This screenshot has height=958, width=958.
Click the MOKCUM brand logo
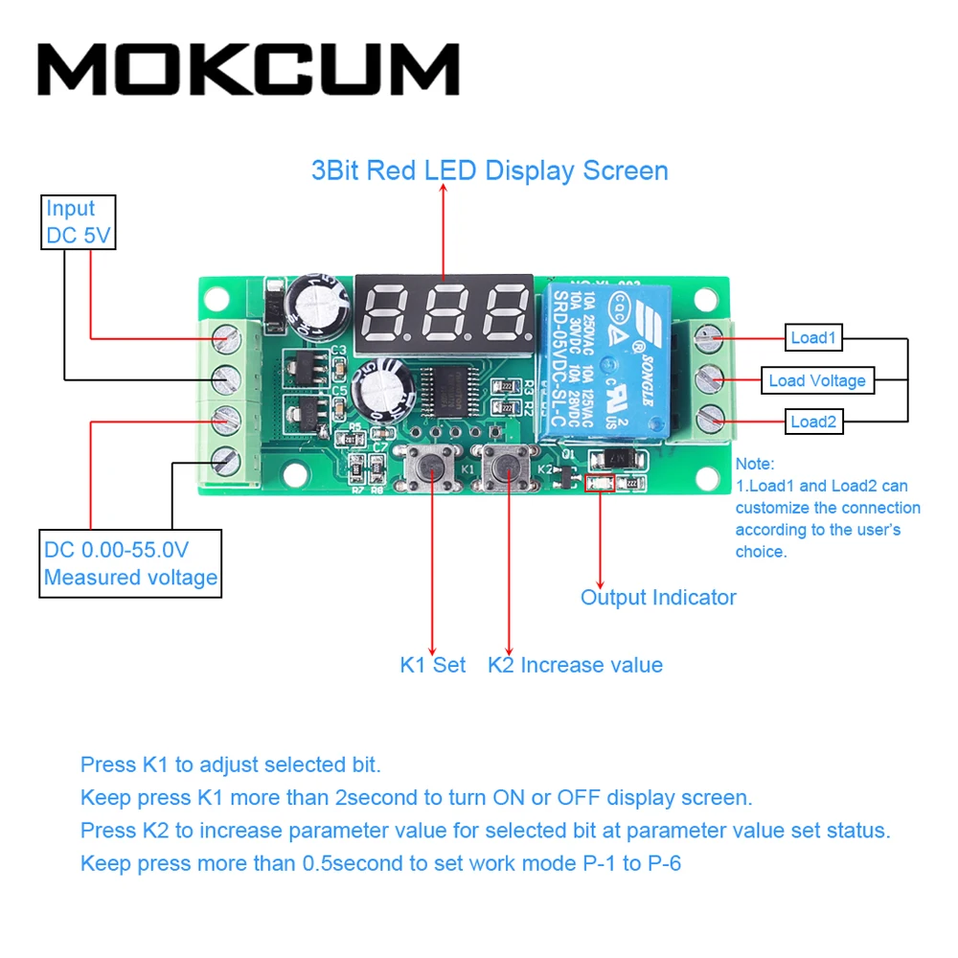pyautogui.click(x=248, y=70)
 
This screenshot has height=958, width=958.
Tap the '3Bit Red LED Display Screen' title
pyautogui.click(x=490, y=171)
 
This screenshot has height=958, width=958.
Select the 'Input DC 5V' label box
pyautogui.click(x=79, y=222)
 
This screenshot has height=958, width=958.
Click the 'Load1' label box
pyautogui.click(x=813, y=337)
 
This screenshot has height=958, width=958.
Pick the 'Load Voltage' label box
pyautogui.click(x=816, y=380)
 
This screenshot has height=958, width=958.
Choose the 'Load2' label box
pyautogui.click(x=813, y=422)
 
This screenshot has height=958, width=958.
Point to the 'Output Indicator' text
pyautogui.click(x=658, y=598)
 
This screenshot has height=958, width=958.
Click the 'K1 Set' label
pyautogui.click(x=432, y=665)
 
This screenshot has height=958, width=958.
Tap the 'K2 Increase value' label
pyautogui.click(x=575, y=665)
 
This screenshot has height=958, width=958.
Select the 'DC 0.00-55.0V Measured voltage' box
pyautogui.click(x=131, y=564)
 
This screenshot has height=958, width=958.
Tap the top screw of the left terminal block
pyautogui.click(x=226, y=336)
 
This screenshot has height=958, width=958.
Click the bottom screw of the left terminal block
pyautogui.click(x=226, y=462)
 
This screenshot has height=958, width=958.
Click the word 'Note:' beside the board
pyautogui.click(x=755, y=465)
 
